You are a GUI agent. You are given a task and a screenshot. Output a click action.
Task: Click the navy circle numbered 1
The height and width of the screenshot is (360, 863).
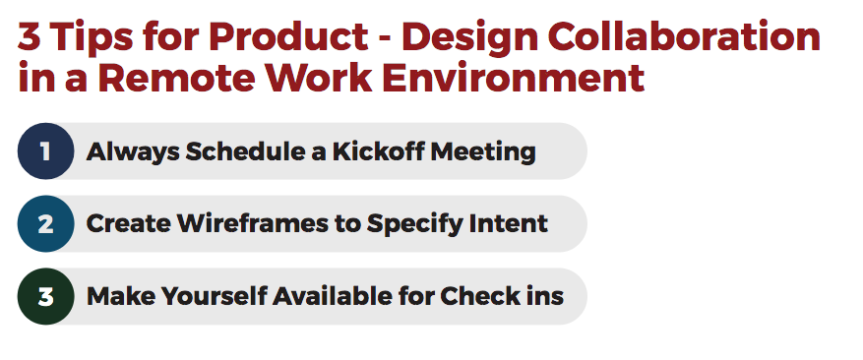tap(45, 150)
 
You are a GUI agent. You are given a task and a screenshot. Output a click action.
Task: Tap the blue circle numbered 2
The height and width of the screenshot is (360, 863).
tap(45, 223)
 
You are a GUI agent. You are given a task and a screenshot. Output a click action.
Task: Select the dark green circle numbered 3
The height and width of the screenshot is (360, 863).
tap(45, 296)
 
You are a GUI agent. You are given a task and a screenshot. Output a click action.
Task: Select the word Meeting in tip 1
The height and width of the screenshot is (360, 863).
tap(483, 152)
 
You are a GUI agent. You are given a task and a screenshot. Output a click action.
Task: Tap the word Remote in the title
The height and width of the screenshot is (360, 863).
tap(177, 78)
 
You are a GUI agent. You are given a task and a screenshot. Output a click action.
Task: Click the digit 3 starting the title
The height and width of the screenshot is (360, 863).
tap(30, 36)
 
